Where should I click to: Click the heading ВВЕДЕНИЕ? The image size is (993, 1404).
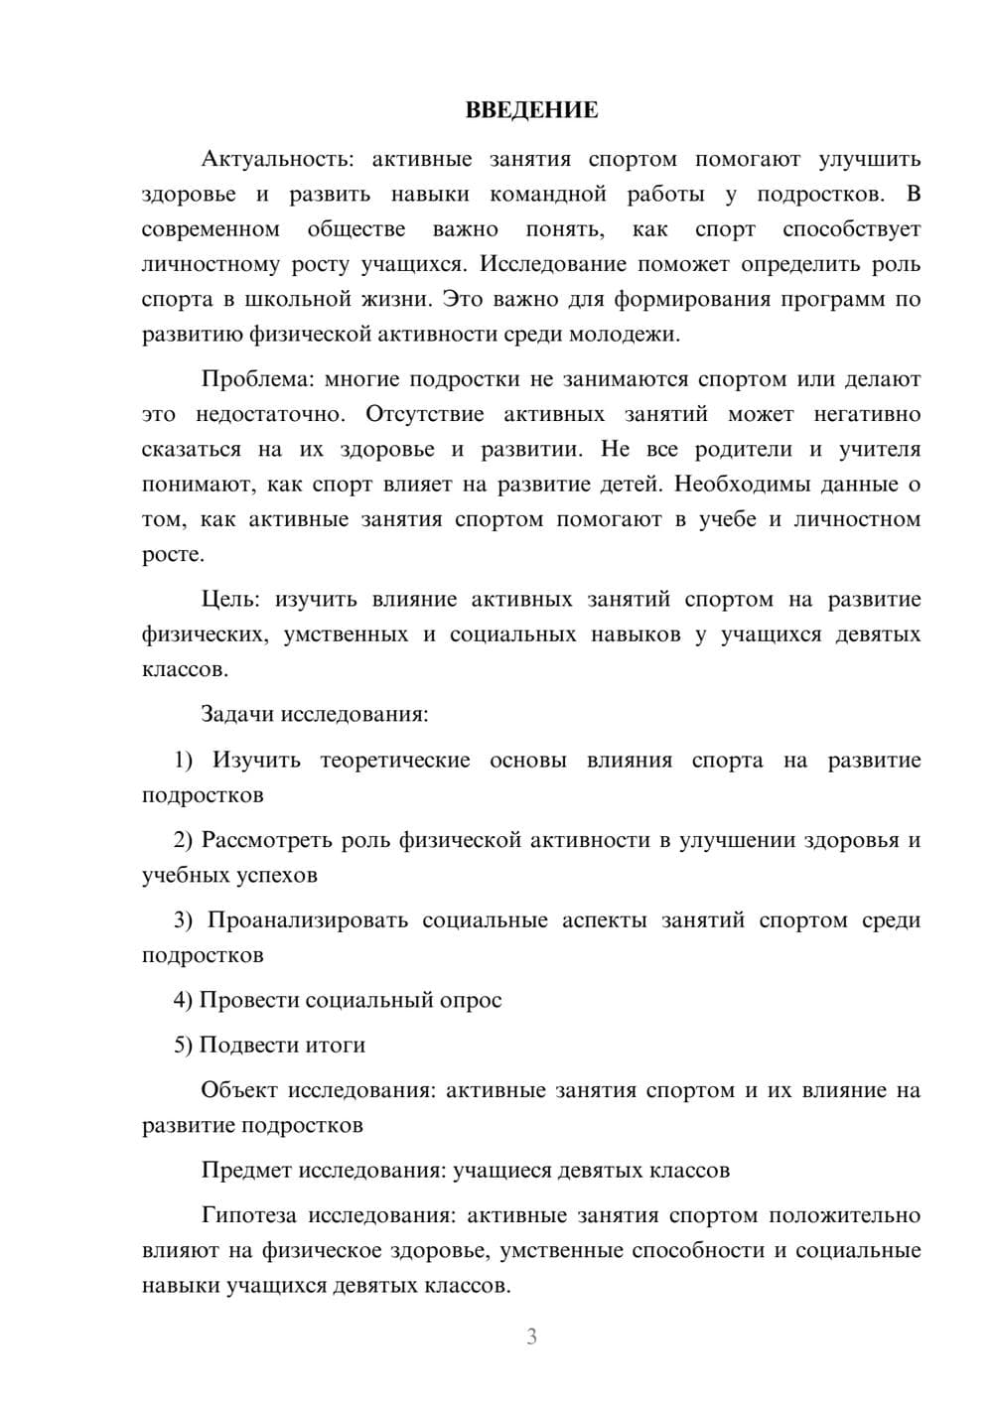531,110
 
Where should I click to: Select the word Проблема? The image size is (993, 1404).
256,379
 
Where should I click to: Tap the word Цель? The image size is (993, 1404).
229,600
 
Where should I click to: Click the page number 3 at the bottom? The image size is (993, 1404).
531,1336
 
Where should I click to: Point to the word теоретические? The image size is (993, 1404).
394,761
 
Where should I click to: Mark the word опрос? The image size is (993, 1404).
470,1001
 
